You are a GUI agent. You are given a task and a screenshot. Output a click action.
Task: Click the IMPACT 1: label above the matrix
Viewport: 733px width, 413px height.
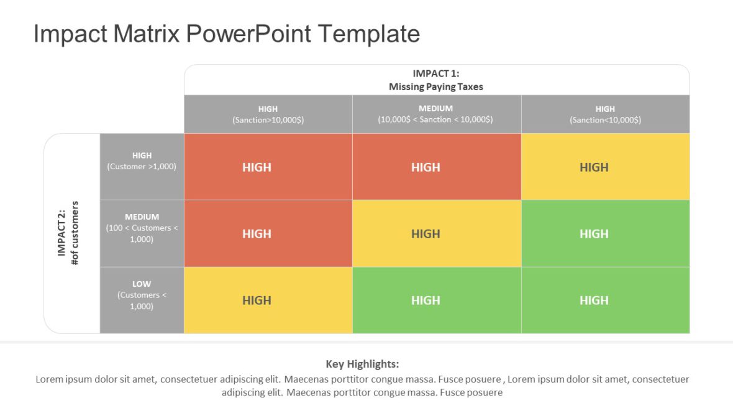click(436, 73)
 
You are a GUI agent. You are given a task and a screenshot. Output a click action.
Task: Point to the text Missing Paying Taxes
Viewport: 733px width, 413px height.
click(436, 86)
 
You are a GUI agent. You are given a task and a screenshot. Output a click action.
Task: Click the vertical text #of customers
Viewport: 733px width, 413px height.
click(75, 233)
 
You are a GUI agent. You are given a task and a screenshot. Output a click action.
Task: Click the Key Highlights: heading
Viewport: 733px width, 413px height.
click(362, 364)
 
